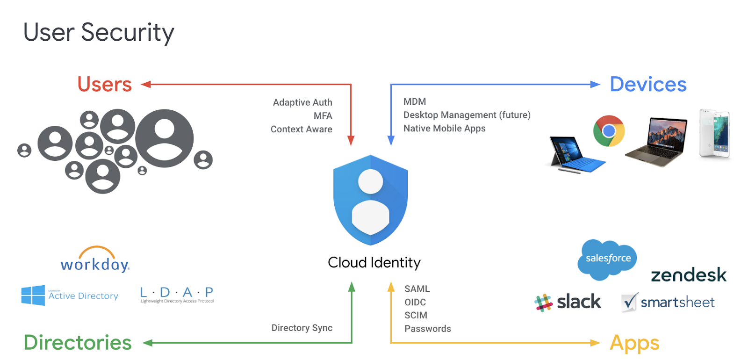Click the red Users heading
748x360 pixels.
[105, 84]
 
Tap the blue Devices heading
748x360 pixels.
[648, 84]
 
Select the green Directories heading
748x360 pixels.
[78, 343]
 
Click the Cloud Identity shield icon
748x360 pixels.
[370, 200]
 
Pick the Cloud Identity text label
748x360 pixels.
[374, 262]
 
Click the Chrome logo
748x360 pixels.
[609, 131]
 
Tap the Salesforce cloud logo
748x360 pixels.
[607, 259]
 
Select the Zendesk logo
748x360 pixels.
[689, 275]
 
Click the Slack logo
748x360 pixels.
[568, 302]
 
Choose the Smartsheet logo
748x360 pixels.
[668, 302]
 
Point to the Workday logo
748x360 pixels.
[95, 259]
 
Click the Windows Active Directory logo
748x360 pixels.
[70, 295]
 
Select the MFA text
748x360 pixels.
[323, 116]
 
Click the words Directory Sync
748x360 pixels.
[302, 328]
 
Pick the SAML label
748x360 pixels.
[417, 289]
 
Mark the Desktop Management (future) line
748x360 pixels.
[467, 115]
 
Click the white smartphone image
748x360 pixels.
[715, 133]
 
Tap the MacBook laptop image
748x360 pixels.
[656, 142]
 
